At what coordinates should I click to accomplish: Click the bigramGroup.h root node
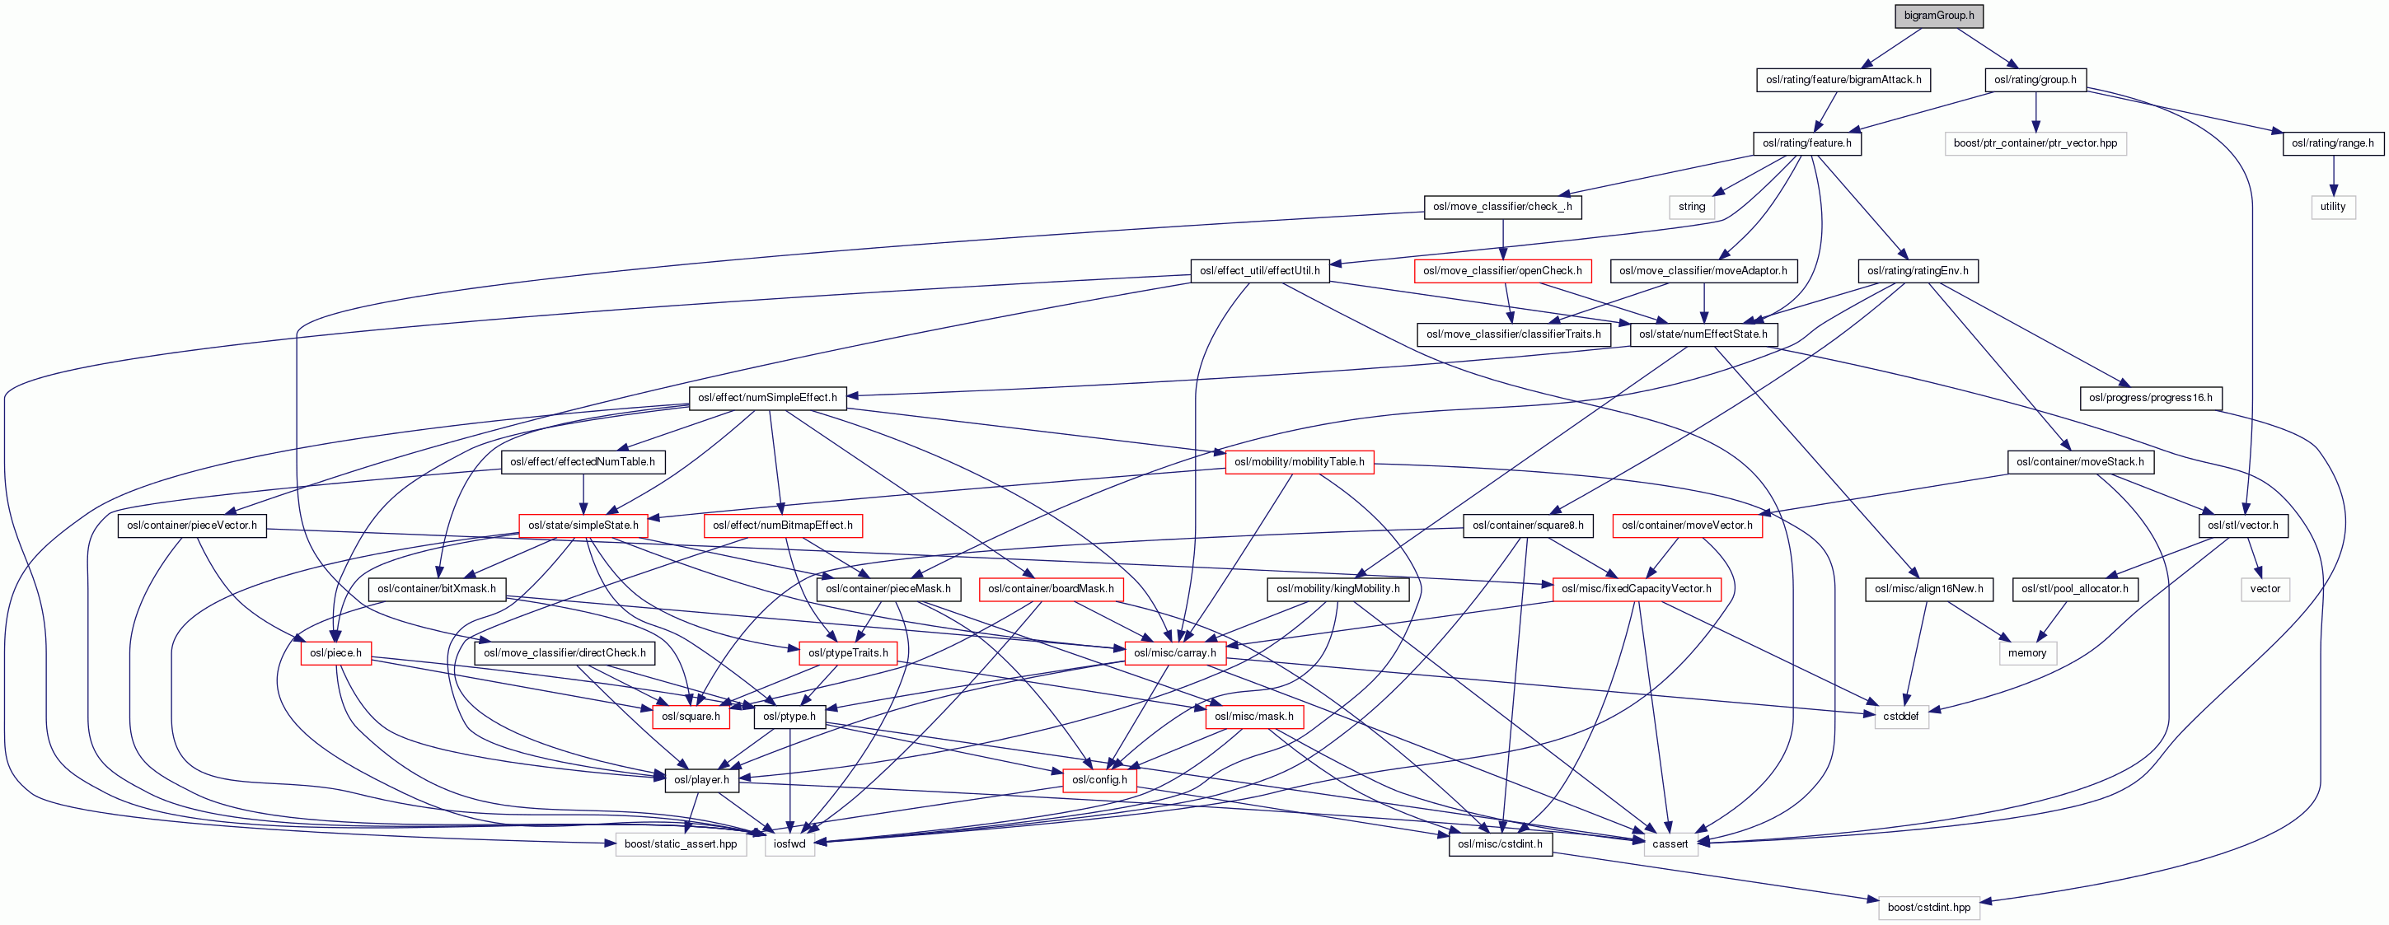(x=1937, y=16)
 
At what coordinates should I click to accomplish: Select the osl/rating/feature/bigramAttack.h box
(x=1843, y=80)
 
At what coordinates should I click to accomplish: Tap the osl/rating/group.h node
(x=2035, y=80)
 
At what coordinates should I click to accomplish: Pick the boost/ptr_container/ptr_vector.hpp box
(x=2035, y=143)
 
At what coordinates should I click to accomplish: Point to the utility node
(x=2332, y=207)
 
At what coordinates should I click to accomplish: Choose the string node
(x=1692, y=207)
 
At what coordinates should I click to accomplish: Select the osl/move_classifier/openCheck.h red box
(x=1502, y=271)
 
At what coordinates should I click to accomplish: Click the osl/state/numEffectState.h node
(x=1703, y=334)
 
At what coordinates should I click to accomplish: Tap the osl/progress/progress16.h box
(x=2150, y=399)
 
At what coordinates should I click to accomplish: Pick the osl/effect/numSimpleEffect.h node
(x=767, y=399)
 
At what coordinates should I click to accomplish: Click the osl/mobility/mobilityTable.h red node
(x=1299, y=461)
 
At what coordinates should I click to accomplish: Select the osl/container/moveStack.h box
(x=2079, y=461)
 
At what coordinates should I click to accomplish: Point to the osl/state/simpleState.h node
(x=583, y=526)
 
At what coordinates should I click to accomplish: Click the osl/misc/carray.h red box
(x=1174, y=653)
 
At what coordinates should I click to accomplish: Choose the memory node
(x=2026, y=653)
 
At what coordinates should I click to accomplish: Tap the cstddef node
(x=1900, y=717)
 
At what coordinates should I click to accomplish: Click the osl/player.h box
(x=701, y=780)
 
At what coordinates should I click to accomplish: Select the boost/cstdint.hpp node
(x=1928, y=908)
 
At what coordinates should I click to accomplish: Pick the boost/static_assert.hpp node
(x=680, y=844)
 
